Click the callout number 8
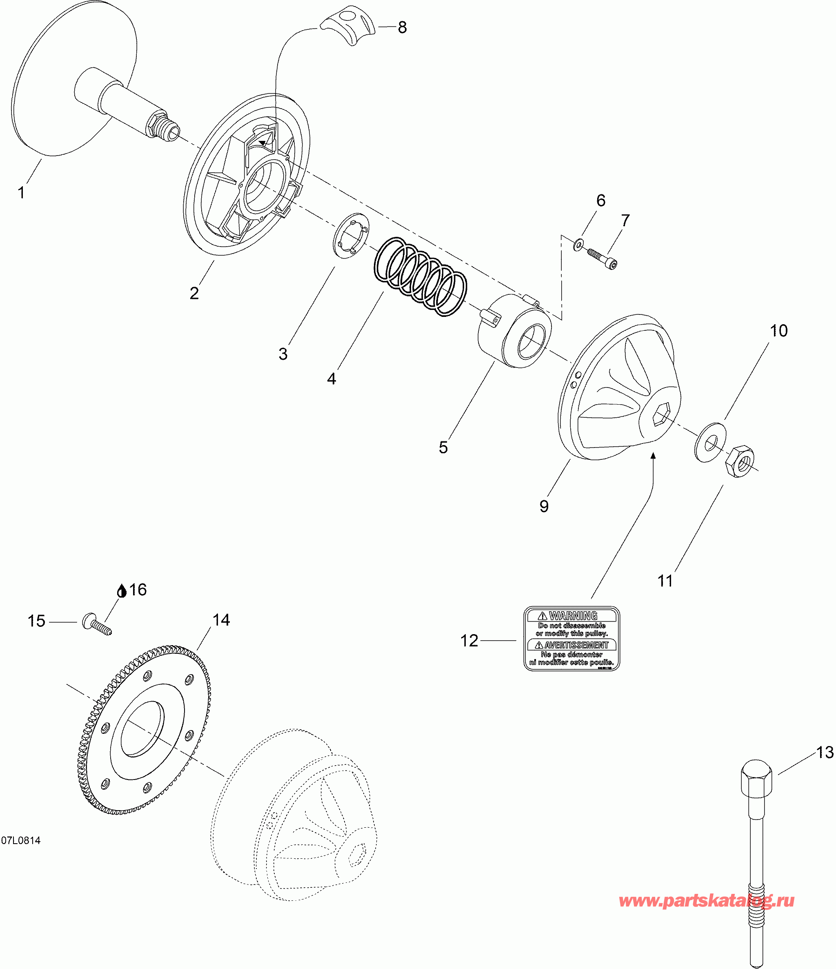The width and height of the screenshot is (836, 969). pos(402,28)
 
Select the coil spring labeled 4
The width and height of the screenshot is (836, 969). pos(420,276)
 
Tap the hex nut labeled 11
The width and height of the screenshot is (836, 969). pos(740,461)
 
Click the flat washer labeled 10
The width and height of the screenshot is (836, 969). pos(710,442)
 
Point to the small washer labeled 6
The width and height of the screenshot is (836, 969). pos(579,244)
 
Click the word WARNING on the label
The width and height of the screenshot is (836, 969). pos(573,616)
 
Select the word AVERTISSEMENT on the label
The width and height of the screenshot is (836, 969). pos(576,645)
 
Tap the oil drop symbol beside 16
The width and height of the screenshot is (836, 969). pos(122,591)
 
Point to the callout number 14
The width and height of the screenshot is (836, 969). pos(221,620)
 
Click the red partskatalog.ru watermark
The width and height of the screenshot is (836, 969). pos(706,900)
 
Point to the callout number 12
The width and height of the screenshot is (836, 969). pos(469,641)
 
